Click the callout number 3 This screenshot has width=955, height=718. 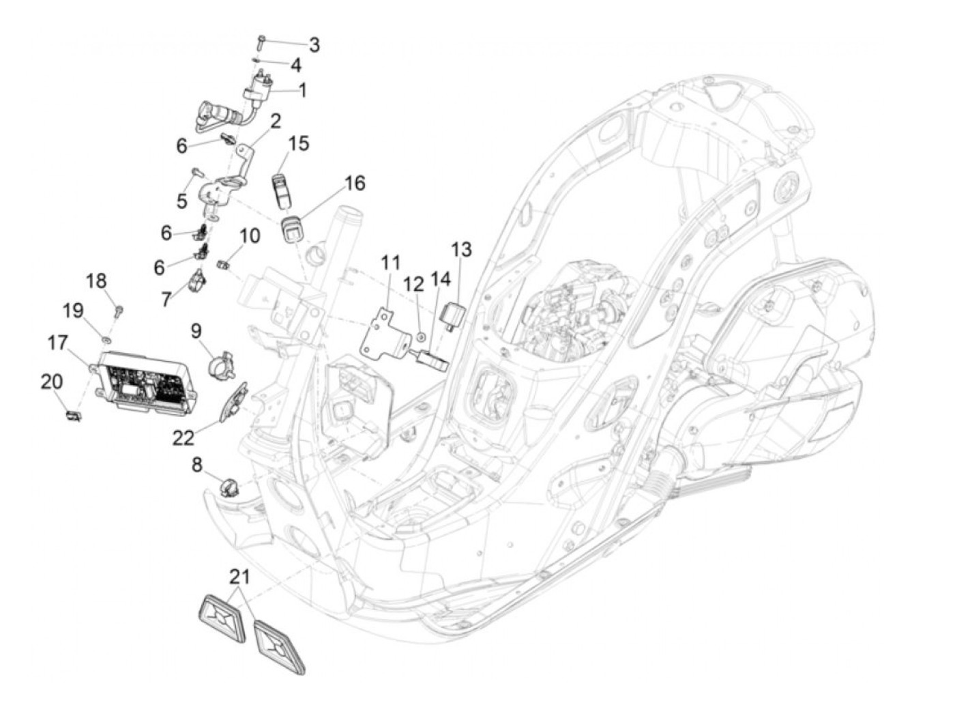pos(314,45)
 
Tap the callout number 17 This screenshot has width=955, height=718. pos(58,343)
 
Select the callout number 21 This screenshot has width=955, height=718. pos(239,577)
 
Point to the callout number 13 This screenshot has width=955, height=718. pos(460,250)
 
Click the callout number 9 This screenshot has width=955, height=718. pos(196,331)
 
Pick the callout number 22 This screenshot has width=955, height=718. pos(183,437)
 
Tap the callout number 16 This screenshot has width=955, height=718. pos(355,183)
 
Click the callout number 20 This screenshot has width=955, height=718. pos(52,382)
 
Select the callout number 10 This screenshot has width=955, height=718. pos(250,236)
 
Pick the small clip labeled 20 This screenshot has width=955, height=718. pos(73,416)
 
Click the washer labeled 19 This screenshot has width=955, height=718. pos(106,339)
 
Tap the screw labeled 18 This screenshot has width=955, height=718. pos(119,311)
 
